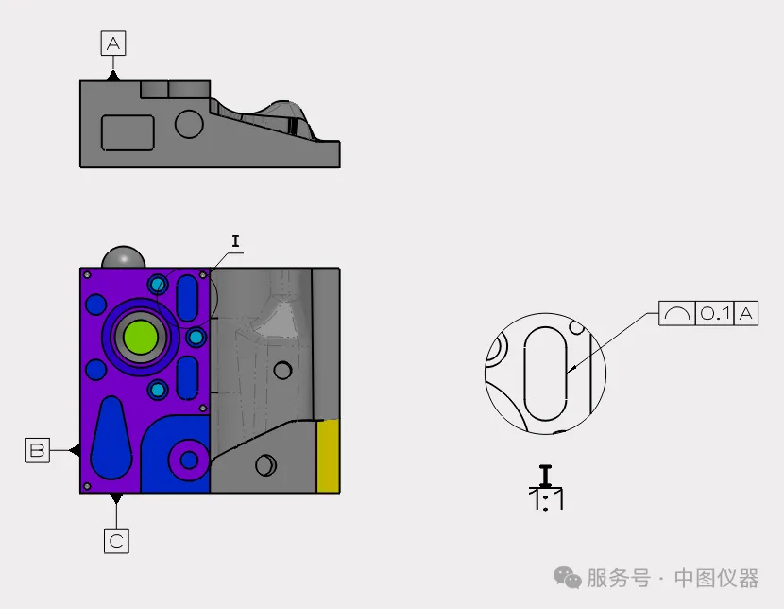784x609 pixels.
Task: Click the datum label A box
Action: (x=113, y=43)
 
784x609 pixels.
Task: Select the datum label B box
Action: (x=38, y=450)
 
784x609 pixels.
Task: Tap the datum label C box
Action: (x=116, y=541)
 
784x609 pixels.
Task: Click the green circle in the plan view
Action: (x=141, y=338)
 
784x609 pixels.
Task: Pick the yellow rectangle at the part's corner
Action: (x=328, y=456)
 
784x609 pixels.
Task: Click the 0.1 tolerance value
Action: (x=714, y=313)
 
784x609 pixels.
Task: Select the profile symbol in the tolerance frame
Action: (x=677, y=314)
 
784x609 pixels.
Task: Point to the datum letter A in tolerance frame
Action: (x=746, y=313)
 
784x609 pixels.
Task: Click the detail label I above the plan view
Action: (x=235, y=241)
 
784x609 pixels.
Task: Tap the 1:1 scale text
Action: (x=546, y=499)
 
